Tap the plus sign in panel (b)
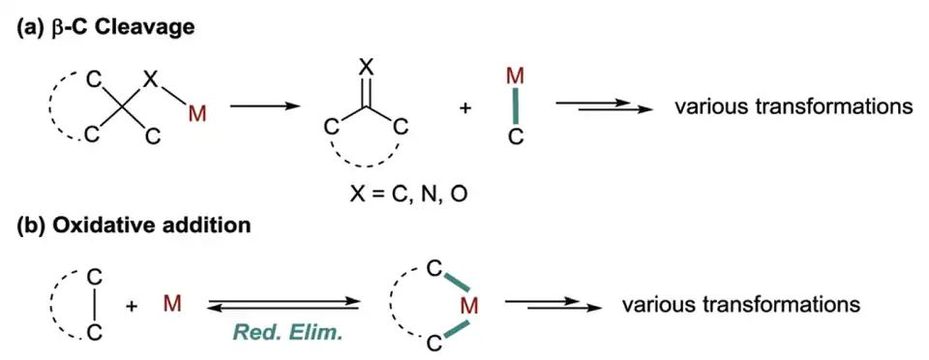point(134,306)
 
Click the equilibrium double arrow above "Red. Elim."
point(284,304)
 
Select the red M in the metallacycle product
point(468,306)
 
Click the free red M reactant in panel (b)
point(172,305)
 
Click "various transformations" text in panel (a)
point(794,107)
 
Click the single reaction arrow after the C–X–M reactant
point(262,107)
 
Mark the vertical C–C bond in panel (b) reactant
point(95,306)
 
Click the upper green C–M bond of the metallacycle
point(457,283)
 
